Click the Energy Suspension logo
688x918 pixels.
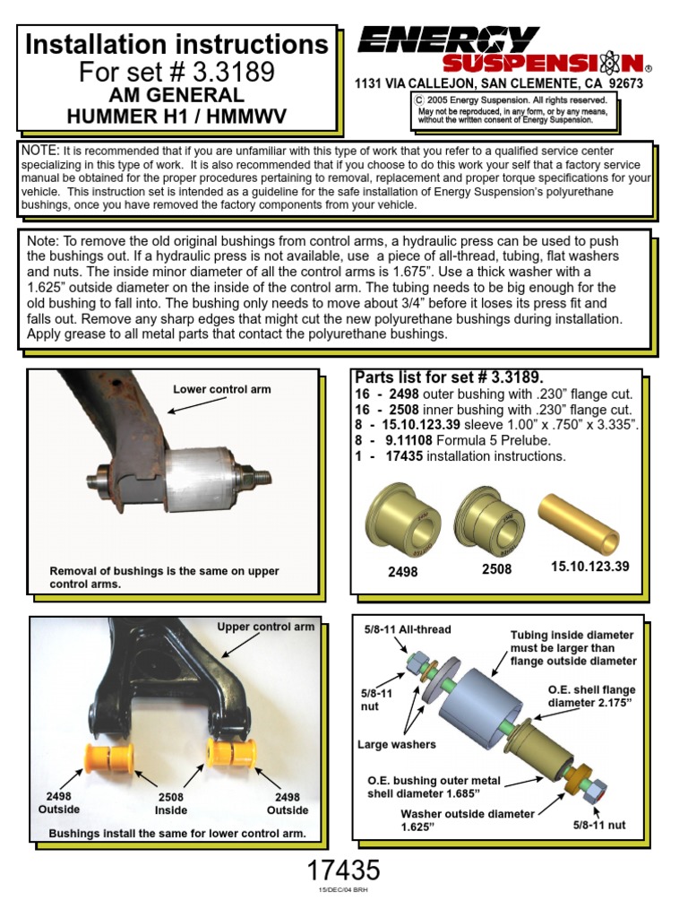tap(502, 50)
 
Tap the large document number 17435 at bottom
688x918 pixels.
tap(343, 870)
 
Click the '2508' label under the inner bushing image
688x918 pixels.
tap(496, 569)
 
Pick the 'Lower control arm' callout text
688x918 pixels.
tap(221, 389)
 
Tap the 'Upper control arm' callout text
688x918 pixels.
tap(265, 627)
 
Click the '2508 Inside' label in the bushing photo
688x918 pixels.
tap(171, 802)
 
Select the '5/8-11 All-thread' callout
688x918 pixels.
tap(408, 630)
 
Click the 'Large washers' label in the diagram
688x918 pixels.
tap(396, 744)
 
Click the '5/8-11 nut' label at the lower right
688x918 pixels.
tap(599, 825)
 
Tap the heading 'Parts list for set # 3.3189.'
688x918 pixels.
tap(449, 376)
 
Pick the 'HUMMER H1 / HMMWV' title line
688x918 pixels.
tap(176, 115)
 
